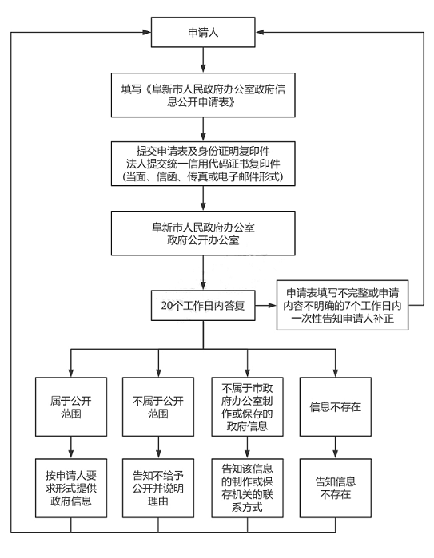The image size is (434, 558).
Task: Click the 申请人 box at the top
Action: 203,32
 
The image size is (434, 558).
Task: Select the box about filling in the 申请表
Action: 203,95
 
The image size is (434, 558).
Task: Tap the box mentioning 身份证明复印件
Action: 203,164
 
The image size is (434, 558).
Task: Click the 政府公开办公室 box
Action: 203,233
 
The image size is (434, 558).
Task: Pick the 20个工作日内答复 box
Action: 203,305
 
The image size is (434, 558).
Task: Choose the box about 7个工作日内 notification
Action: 342,305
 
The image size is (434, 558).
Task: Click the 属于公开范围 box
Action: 71,407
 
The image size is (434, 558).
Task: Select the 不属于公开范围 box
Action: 158,407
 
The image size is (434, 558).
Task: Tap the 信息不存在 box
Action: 336,407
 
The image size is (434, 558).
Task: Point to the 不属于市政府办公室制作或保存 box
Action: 247,407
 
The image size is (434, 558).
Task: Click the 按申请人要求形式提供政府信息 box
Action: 71,488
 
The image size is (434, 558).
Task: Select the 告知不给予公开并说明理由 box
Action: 158,488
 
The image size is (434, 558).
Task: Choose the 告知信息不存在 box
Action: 336,488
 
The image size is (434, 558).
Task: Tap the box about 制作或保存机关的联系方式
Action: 247,488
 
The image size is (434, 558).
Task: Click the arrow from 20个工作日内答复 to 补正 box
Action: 266,305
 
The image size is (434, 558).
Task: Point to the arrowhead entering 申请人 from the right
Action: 260,33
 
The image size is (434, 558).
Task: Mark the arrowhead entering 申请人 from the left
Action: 147,33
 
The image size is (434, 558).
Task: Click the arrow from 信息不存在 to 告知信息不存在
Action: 336,447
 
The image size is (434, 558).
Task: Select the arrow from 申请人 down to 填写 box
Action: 203,60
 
